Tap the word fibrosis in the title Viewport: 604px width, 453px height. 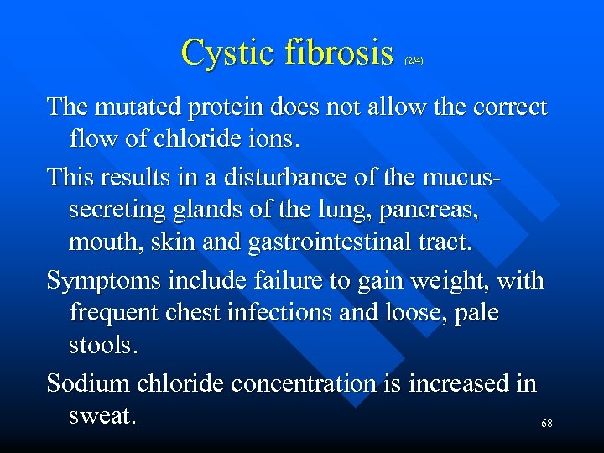pyautogui.click(x=339, y=53)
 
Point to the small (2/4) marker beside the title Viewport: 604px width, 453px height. pyautogui.click(x=414, y=60)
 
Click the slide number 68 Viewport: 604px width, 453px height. pyautogui.click(x=546, y=424)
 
